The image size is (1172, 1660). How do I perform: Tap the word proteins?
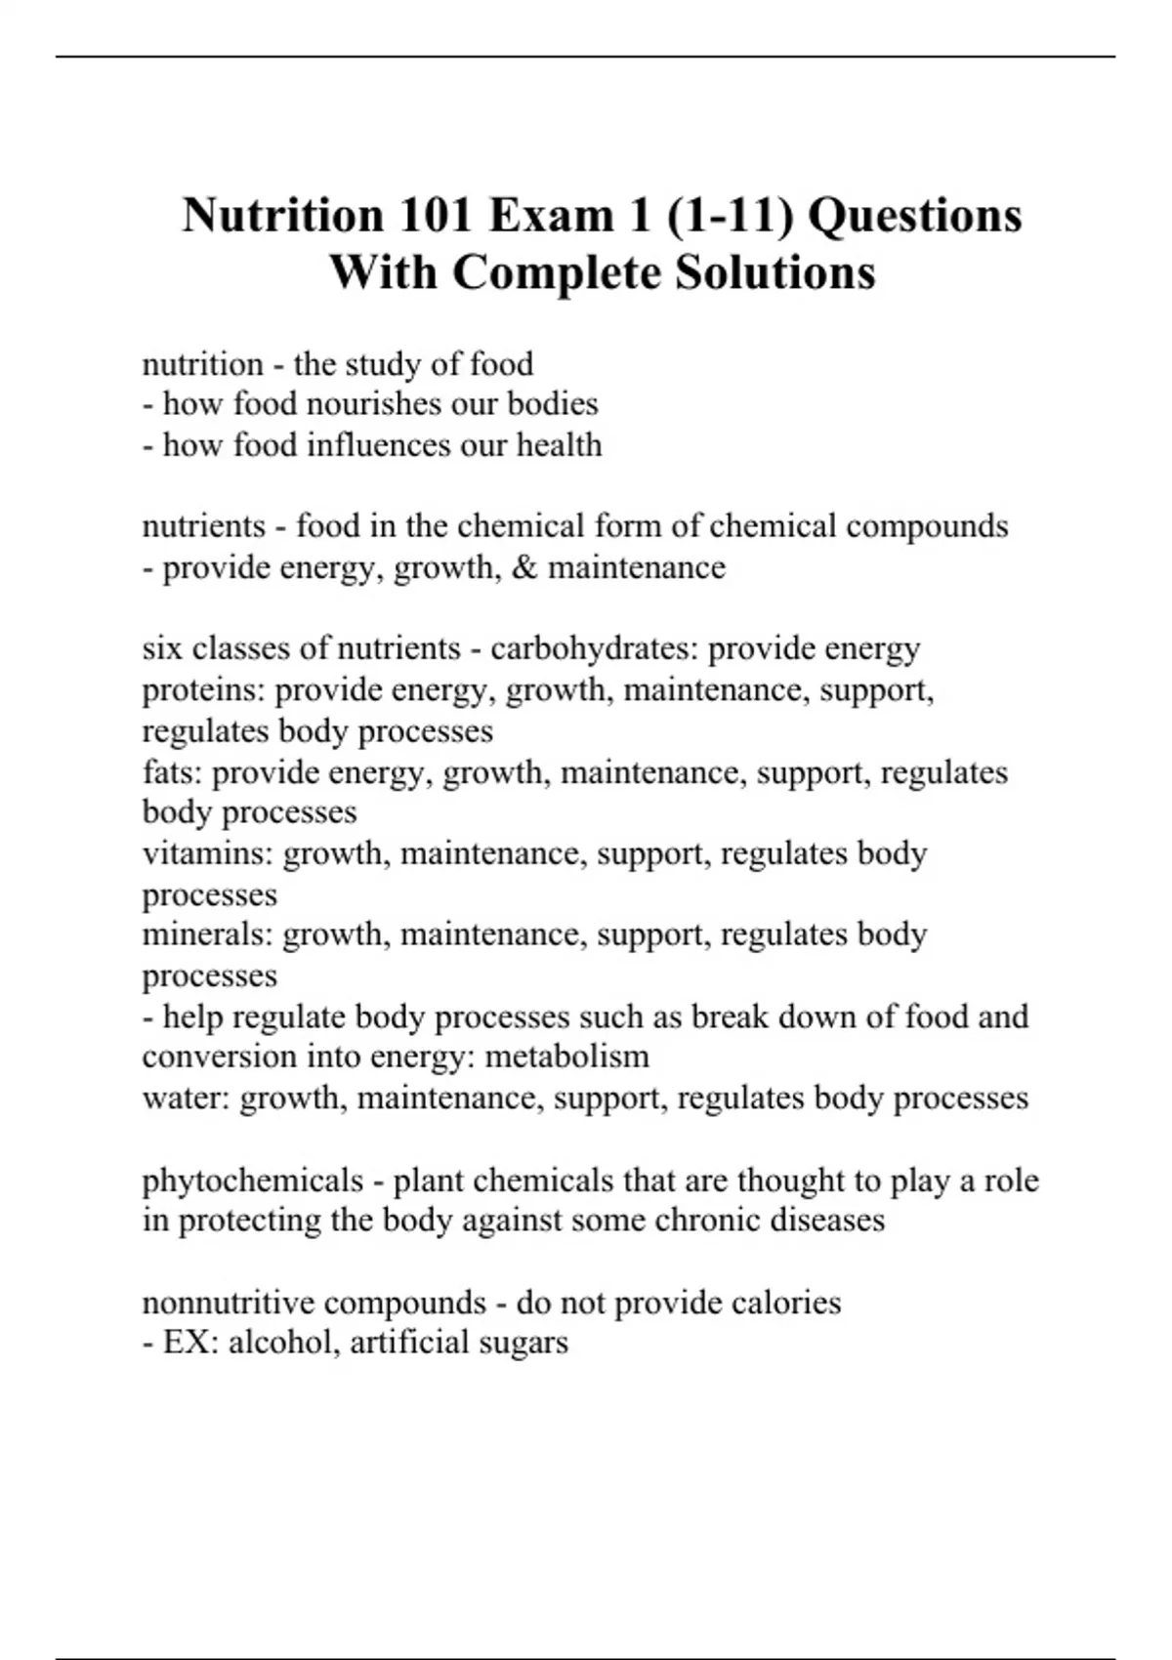(203, 690)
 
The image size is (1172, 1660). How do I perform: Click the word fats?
(172, 772)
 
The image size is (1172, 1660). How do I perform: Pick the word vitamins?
(207, 853)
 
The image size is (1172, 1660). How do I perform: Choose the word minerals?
(207, 934)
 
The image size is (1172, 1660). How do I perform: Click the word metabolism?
(567, 1057)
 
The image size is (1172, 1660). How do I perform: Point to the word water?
(186, 1098)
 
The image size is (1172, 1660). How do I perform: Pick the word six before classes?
(162, 648)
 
